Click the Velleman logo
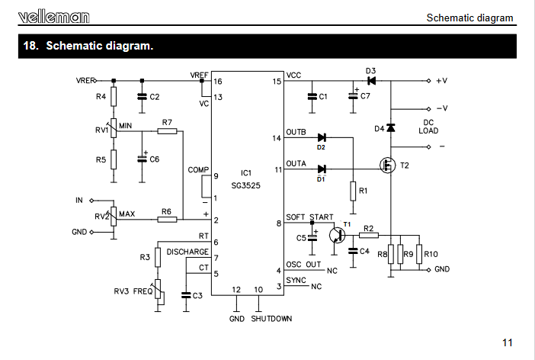pos(54,17)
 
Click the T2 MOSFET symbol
pos(388,166)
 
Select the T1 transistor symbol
pos(337,235)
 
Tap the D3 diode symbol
pos(371,81)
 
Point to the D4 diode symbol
pos(391,127)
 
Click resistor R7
pos(167,131)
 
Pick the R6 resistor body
pos(167,219)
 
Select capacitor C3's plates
pos(186,295)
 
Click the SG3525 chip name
pos(245,185)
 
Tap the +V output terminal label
pos(442,81)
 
